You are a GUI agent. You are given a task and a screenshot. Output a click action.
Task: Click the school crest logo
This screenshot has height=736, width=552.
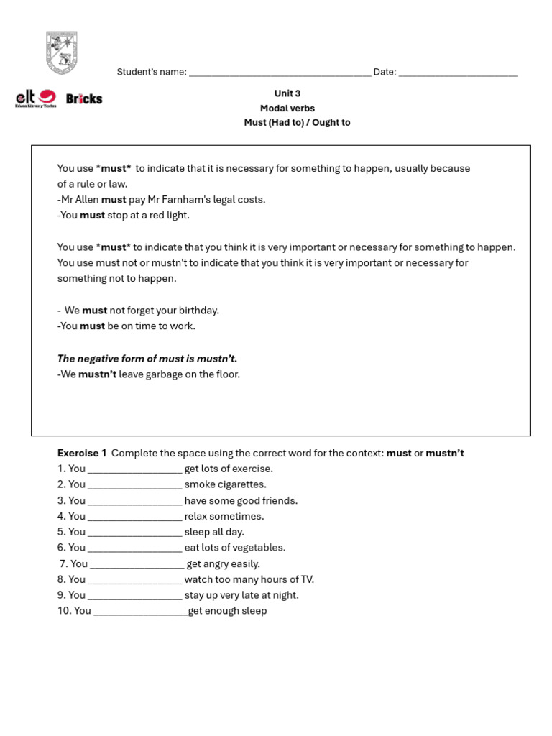(62, 52)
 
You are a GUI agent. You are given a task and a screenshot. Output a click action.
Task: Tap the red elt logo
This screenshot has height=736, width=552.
(36, 98)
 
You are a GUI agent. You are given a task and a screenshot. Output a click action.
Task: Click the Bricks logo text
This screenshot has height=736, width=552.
(84, 99)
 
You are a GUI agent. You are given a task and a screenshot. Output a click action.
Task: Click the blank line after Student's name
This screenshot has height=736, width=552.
(280, 73)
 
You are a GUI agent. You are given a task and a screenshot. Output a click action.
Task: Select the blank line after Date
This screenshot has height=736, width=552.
(457, 73)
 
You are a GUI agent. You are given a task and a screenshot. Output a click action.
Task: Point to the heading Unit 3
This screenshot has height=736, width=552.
(287, 93)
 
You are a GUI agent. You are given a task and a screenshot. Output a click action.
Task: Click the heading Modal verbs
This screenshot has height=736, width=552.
(287, 108)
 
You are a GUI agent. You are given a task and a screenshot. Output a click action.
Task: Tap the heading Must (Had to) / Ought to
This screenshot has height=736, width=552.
(297, 122)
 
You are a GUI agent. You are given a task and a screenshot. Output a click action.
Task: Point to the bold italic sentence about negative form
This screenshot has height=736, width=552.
(147, 359)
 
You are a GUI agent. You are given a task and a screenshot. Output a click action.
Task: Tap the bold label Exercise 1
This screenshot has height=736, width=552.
(82, 453)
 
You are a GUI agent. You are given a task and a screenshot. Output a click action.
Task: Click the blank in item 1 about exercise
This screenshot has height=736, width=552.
(134, 470)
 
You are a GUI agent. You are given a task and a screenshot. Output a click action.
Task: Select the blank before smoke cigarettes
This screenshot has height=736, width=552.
(134, 486)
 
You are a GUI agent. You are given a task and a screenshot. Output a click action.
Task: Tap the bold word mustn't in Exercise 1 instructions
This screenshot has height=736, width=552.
(445, 453)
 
